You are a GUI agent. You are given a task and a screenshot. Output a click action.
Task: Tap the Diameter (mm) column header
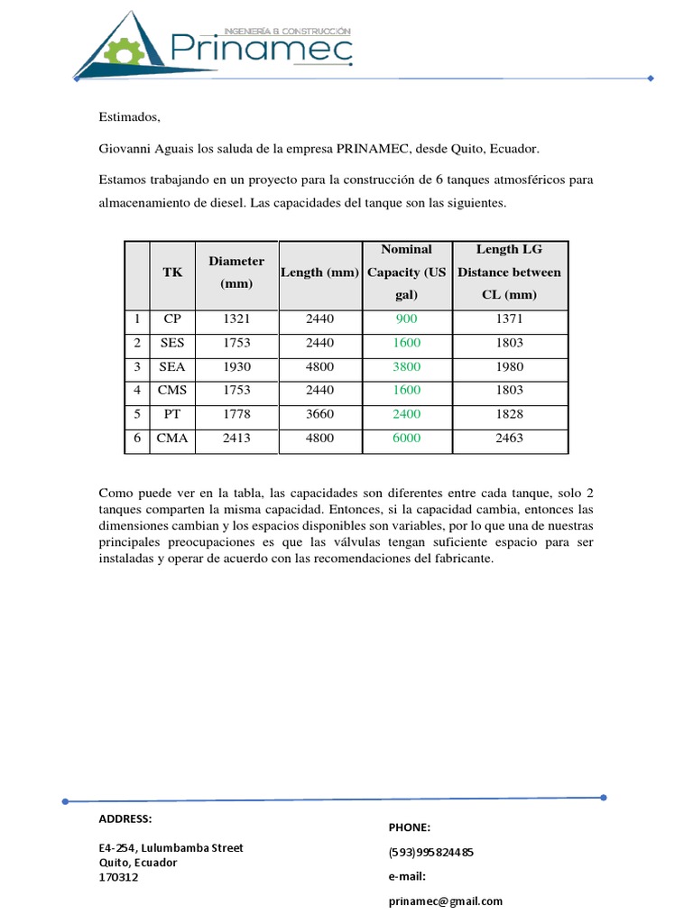pos(236,272)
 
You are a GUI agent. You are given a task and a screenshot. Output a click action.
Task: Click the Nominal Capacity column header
pos(406,272)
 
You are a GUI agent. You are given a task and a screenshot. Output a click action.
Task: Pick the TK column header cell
pos(171,272)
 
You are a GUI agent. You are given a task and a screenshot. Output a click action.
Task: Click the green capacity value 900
pos(406,319)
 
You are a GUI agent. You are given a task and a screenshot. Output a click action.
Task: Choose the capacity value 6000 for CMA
pos(406,439)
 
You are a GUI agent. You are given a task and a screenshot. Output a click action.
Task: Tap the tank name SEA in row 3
pos(171,367)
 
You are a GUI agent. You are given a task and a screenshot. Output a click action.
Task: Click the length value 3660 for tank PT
pos(319,415)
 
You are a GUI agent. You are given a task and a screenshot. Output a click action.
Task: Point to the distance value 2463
pos(509,439)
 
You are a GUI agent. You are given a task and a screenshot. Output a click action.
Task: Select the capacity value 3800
pos(406,367)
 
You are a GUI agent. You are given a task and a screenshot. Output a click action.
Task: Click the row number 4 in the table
pos(137,391)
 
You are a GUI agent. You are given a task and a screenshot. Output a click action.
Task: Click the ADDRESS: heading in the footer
pos(125,819)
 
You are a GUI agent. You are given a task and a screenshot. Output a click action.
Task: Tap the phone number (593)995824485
pos(431,852)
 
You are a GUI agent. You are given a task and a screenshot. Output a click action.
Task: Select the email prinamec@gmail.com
pos(446,901)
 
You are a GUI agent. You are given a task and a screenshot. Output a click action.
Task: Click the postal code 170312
pos(119,877)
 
